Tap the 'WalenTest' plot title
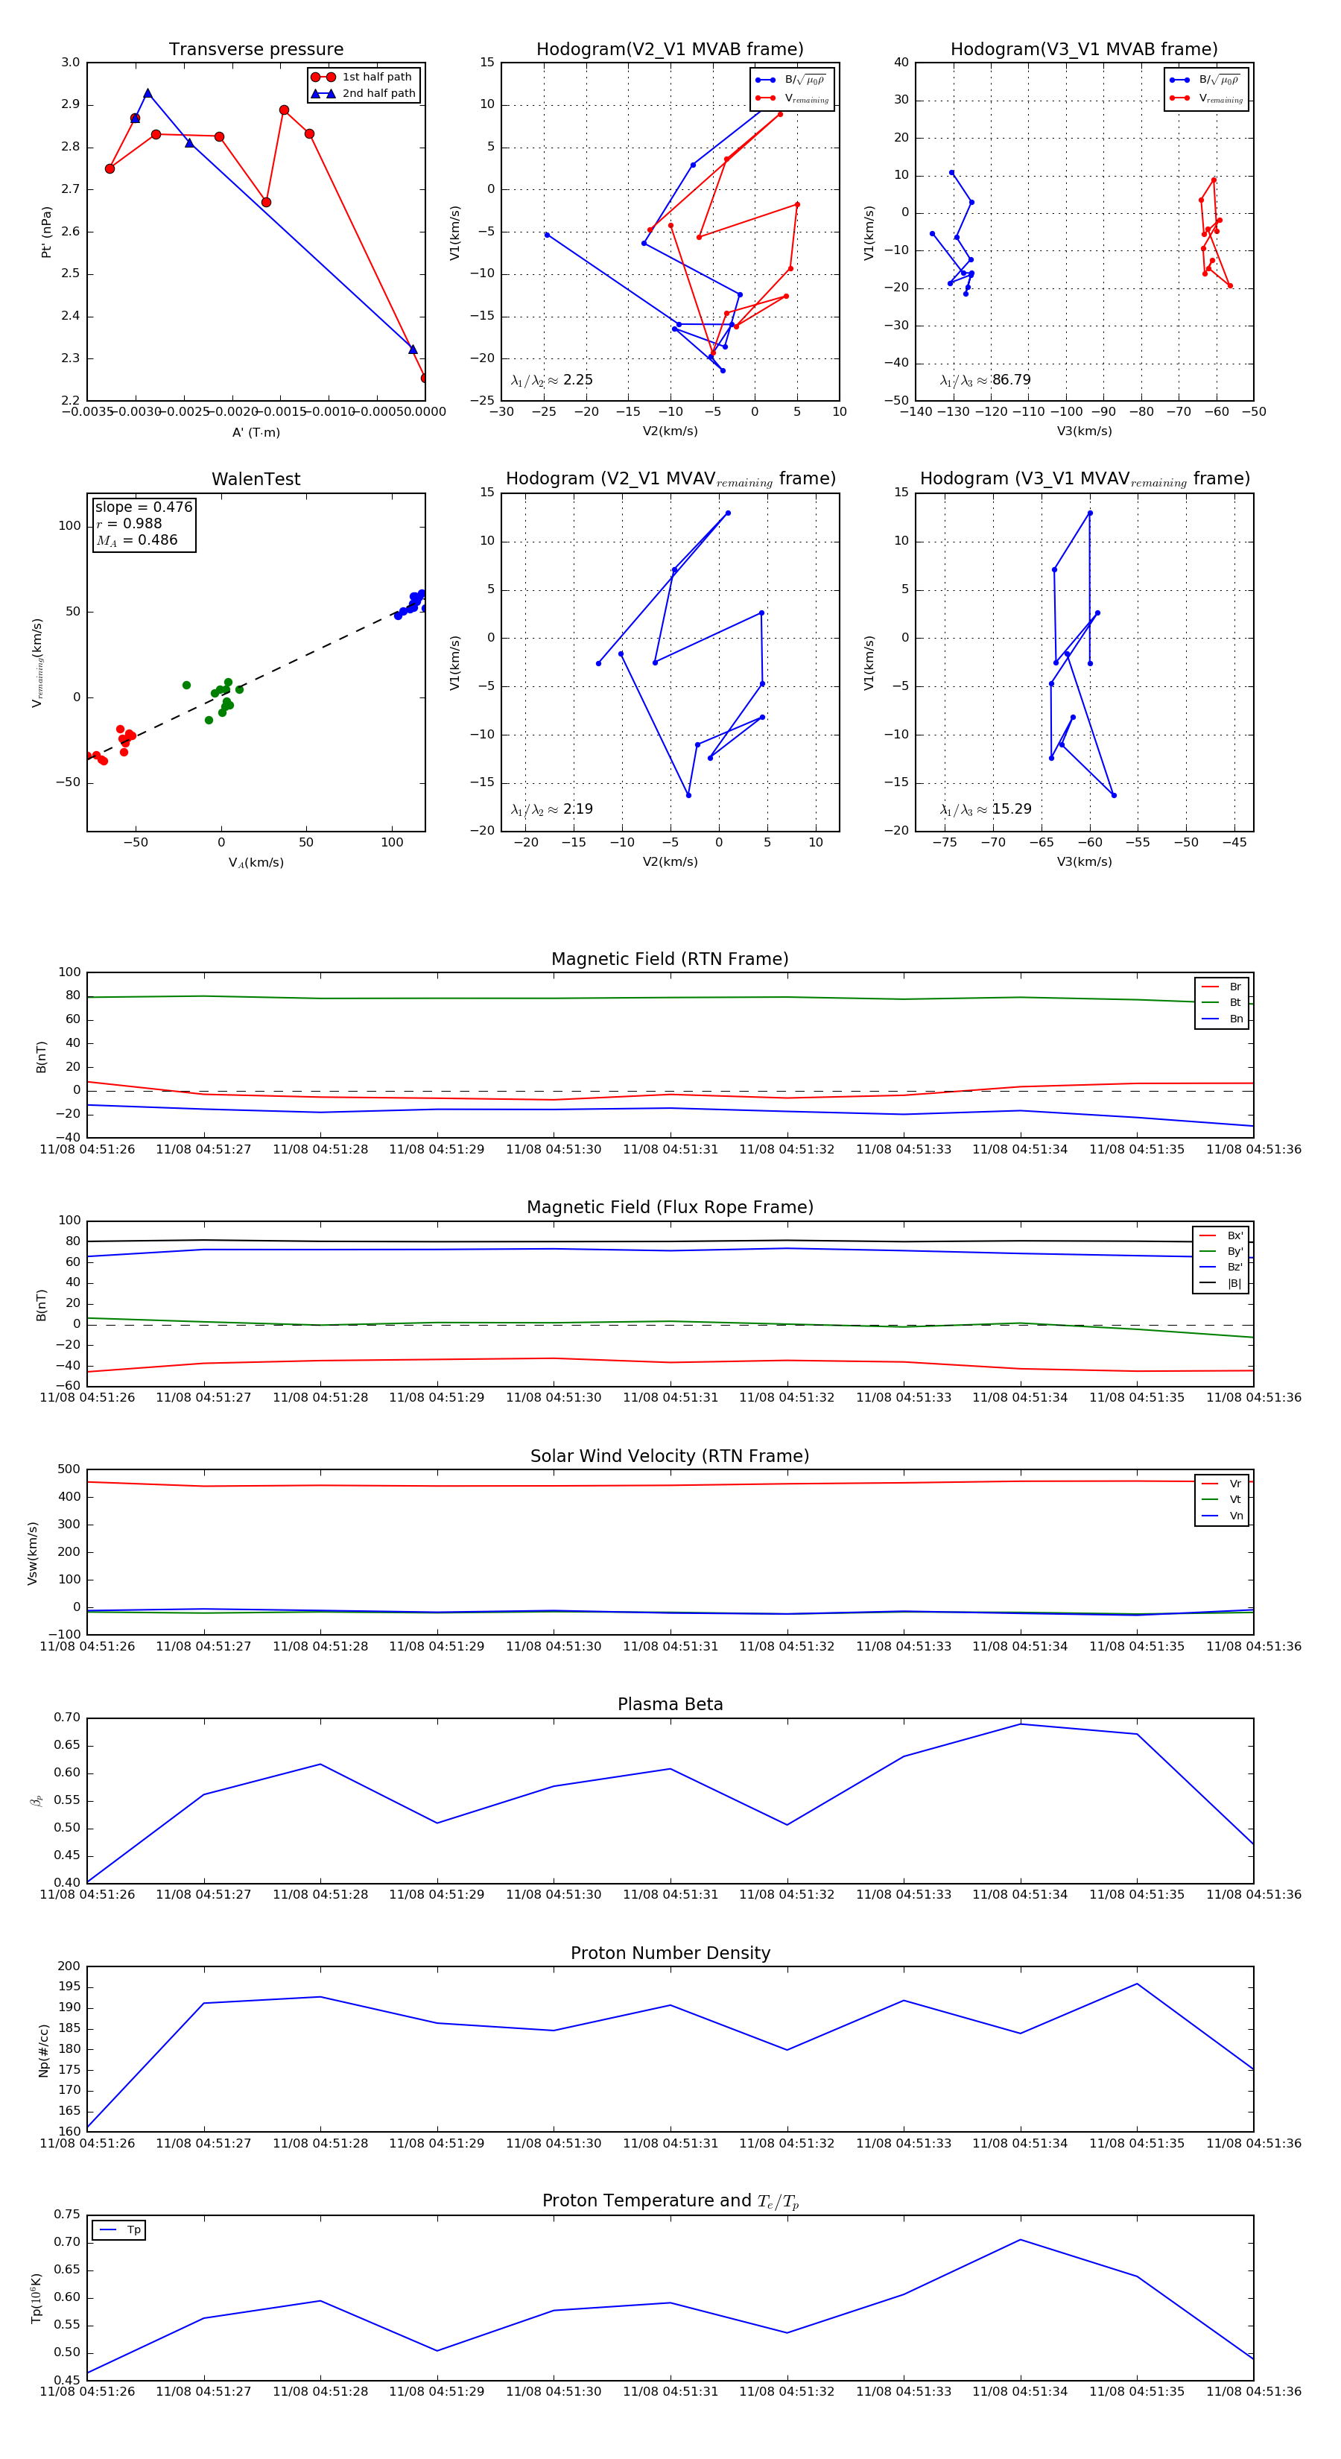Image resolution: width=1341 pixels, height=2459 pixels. (256, 479)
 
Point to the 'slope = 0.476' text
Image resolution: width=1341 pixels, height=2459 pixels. (143, 507)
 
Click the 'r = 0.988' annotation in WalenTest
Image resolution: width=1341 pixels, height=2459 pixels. (129, 524)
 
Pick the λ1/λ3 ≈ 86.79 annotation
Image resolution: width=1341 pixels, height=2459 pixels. (985, 380)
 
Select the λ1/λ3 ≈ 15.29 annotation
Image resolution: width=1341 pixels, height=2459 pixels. (985, 809)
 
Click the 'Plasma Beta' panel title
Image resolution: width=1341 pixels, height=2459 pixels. (670, 1704)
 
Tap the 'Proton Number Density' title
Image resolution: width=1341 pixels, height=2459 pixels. (670, 1953)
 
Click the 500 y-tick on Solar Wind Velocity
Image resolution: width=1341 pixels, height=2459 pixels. (69, 1469)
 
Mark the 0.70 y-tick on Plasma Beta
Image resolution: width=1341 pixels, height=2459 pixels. (67, 1718)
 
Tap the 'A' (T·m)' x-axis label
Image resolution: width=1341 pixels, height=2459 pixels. (256, 432)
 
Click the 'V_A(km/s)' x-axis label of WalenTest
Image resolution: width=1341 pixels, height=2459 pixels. (256, 863)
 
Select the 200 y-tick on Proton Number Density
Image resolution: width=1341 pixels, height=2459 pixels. (69, 1966)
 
